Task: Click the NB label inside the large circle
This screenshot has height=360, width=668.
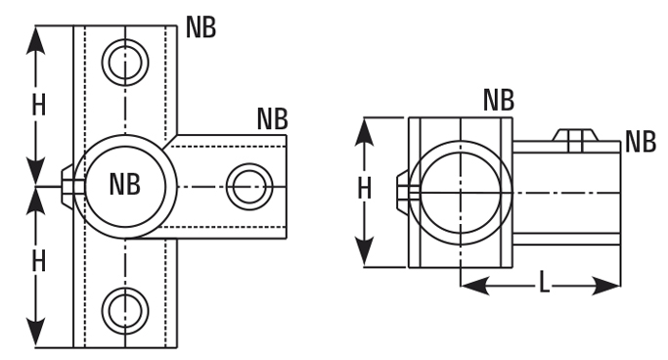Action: pos(125,184)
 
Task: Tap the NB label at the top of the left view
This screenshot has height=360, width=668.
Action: pos(201,27)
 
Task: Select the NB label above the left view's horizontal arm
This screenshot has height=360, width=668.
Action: pos(273,119)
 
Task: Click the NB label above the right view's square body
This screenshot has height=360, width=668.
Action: pos(499,100)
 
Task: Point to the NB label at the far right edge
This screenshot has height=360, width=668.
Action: pos(641,142)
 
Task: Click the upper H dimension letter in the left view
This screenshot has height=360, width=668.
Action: pos(39,105)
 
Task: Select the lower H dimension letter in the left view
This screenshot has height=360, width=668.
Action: pos(39,261)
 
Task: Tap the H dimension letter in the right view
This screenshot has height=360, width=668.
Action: pos(364,188)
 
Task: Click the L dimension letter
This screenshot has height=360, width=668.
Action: pos(544,283)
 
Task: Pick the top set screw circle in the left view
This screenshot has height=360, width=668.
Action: pos(125,63)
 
